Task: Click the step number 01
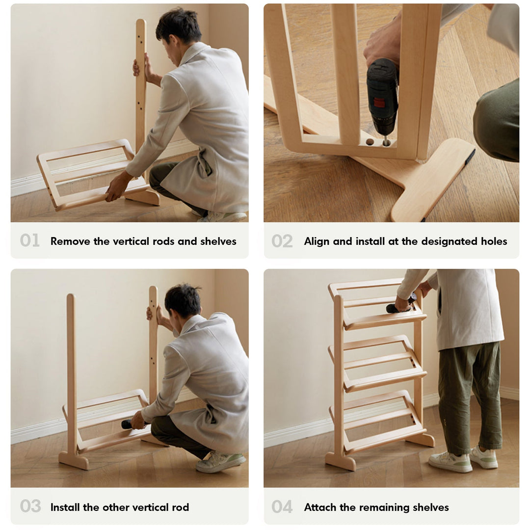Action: (x=30, y=240)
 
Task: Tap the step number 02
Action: (x=282, y=241)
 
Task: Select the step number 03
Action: (x=30, y=506)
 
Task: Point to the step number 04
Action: (x=282, y=507)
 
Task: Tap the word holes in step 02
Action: (x=492, y=241)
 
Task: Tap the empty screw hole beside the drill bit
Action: (x=370, y=142)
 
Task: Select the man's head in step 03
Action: (x=183, y=300)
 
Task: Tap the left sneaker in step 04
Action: (x=449, y=462)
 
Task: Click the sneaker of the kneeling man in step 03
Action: (x=220, y=461)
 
